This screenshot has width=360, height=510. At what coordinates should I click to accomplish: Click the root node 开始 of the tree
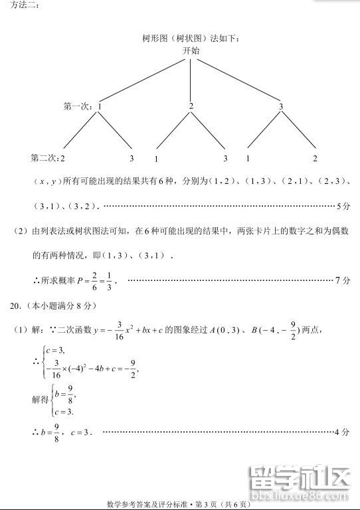point(191,50)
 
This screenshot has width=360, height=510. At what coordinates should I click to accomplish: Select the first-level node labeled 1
point(100,106)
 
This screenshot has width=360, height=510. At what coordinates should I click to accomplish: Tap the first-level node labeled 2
point(191,106)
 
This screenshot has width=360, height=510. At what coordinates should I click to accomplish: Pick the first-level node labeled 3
point(281,106)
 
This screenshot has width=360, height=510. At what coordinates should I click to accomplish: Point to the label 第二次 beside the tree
point(45,159)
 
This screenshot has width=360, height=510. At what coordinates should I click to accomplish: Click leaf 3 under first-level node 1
point(132,159)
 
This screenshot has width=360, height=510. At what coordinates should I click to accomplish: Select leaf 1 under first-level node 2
point(156,159)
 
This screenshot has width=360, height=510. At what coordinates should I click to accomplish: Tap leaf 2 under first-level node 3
point(315,159)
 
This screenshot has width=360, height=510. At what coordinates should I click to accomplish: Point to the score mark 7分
point(343,280)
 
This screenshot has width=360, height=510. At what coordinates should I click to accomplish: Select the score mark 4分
point(343,432)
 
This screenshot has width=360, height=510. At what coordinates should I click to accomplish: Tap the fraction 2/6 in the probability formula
point(95,280)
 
